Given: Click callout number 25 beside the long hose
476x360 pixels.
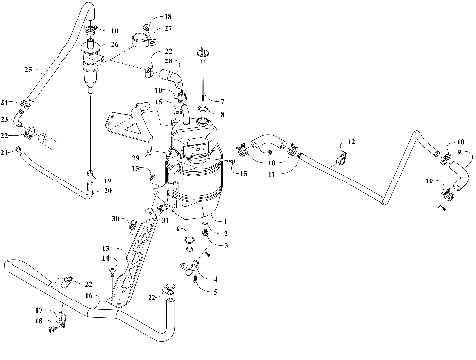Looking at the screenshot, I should click(x=29, y=69).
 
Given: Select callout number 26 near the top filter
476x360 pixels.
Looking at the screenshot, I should click(x=115, y=45).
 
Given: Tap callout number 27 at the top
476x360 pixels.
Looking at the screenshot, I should click(x=167, y=29).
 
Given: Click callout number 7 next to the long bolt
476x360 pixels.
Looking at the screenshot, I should click(x=221, y=102).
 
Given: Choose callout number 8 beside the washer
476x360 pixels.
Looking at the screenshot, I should click(x=221, y=115).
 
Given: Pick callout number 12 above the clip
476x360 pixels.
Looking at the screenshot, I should click(x=350, y=145).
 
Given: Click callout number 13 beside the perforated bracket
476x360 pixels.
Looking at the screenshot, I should click(x=105, y=248).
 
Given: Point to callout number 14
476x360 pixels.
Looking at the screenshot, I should click(x=105, y=258).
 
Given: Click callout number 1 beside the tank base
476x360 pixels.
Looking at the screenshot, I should click(x=226, y=222).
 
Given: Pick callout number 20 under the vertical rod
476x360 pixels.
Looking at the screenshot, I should click(x=108, y=190).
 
